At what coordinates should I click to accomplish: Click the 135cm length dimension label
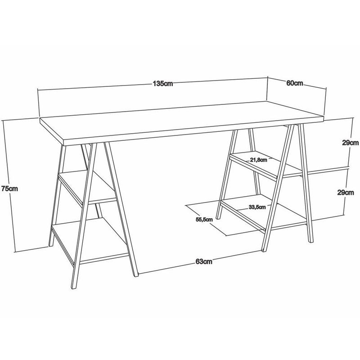(163, 84)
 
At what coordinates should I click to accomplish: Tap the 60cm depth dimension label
(295, 83)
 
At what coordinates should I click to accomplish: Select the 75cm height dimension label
(9, 189)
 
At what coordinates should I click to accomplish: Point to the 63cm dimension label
(204, 261)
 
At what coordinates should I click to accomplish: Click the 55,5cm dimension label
(204, 220)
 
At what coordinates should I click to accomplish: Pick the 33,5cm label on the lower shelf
(257, 207)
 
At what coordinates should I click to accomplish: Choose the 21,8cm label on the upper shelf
(258, 160)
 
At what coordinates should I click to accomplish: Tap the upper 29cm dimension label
(351, 143)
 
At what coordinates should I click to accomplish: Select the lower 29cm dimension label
(346, 193)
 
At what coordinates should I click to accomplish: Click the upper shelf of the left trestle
(87, 187)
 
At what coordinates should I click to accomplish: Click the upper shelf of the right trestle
(266, 165)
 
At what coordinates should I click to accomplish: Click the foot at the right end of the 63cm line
(264, 250)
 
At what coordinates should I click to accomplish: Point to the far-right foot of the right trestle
(310, 241)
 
